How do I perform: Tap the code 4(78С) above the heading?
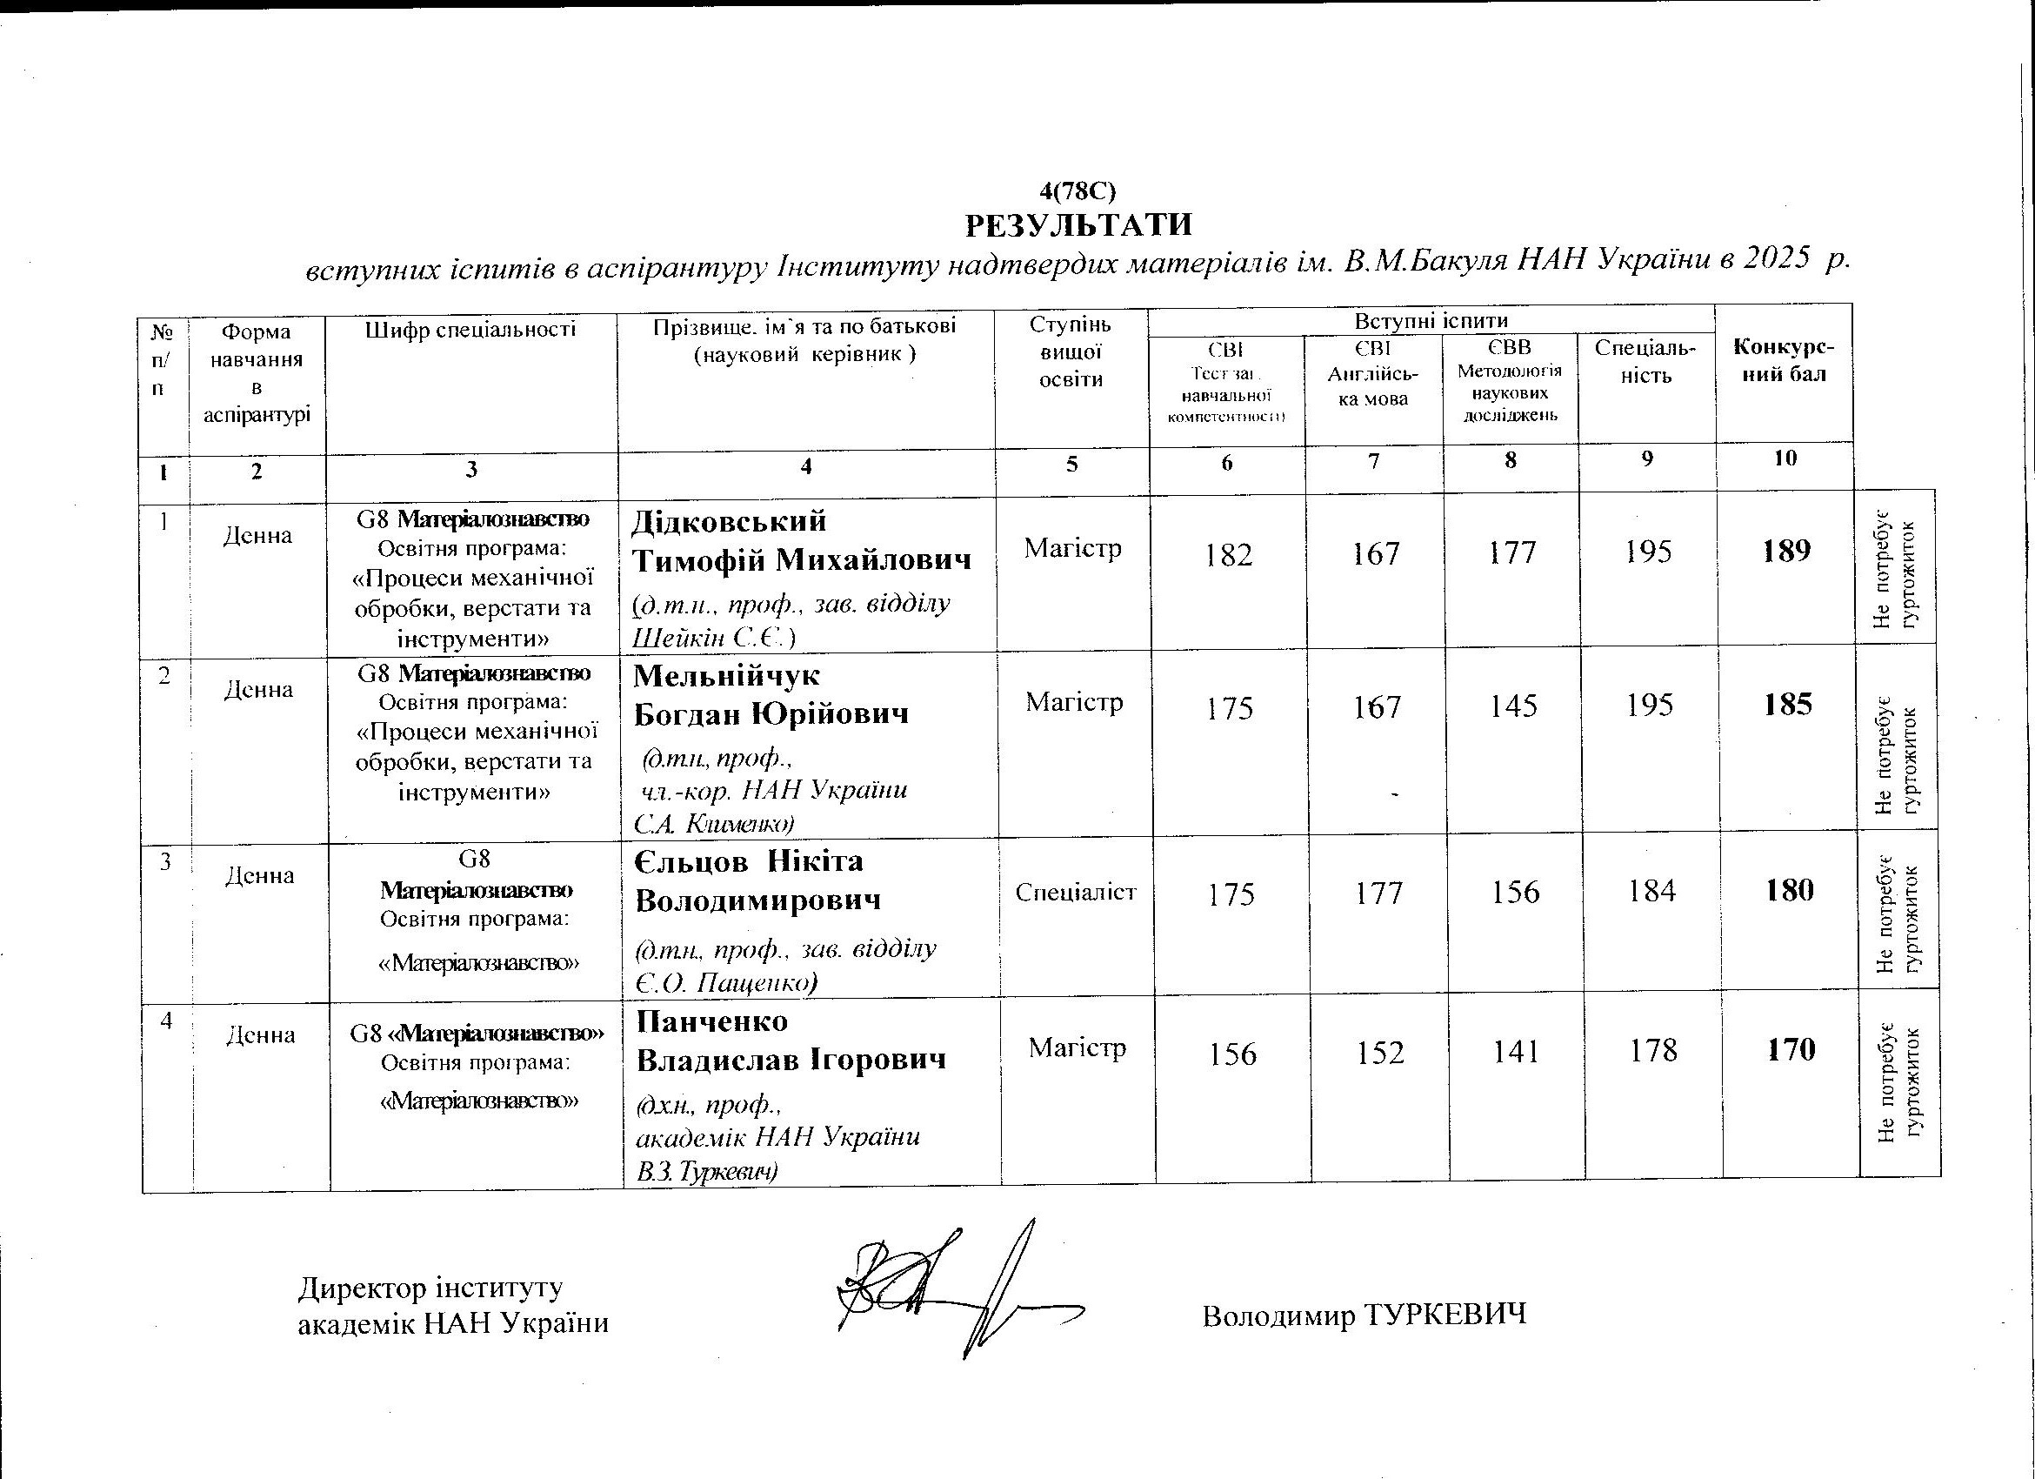click(1077, 191)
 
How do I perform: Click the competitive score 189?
click(1785, 550)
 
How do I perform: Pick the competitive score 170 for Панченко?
click(1791, 1049)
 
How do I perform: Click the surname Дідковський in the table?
click(730, 520)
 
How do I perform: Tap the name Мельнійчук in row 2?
click(727, 675)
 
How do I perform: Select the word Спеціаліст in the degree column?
click(1076, 892)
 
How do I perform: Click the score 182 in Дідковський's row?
click(1228, 555)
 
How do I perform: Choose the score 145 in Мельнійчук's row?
click(1514, 706)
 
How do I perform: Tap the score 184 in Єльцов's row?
click(1651, 891)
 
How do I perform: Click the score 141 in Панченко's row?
click(1517, 1051)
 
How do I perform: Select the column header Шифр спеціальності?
click(470, 330)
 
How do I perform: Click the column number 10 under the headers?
click(1785, 458)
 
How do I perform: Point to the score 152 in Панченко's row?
click(1379, 1052)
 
